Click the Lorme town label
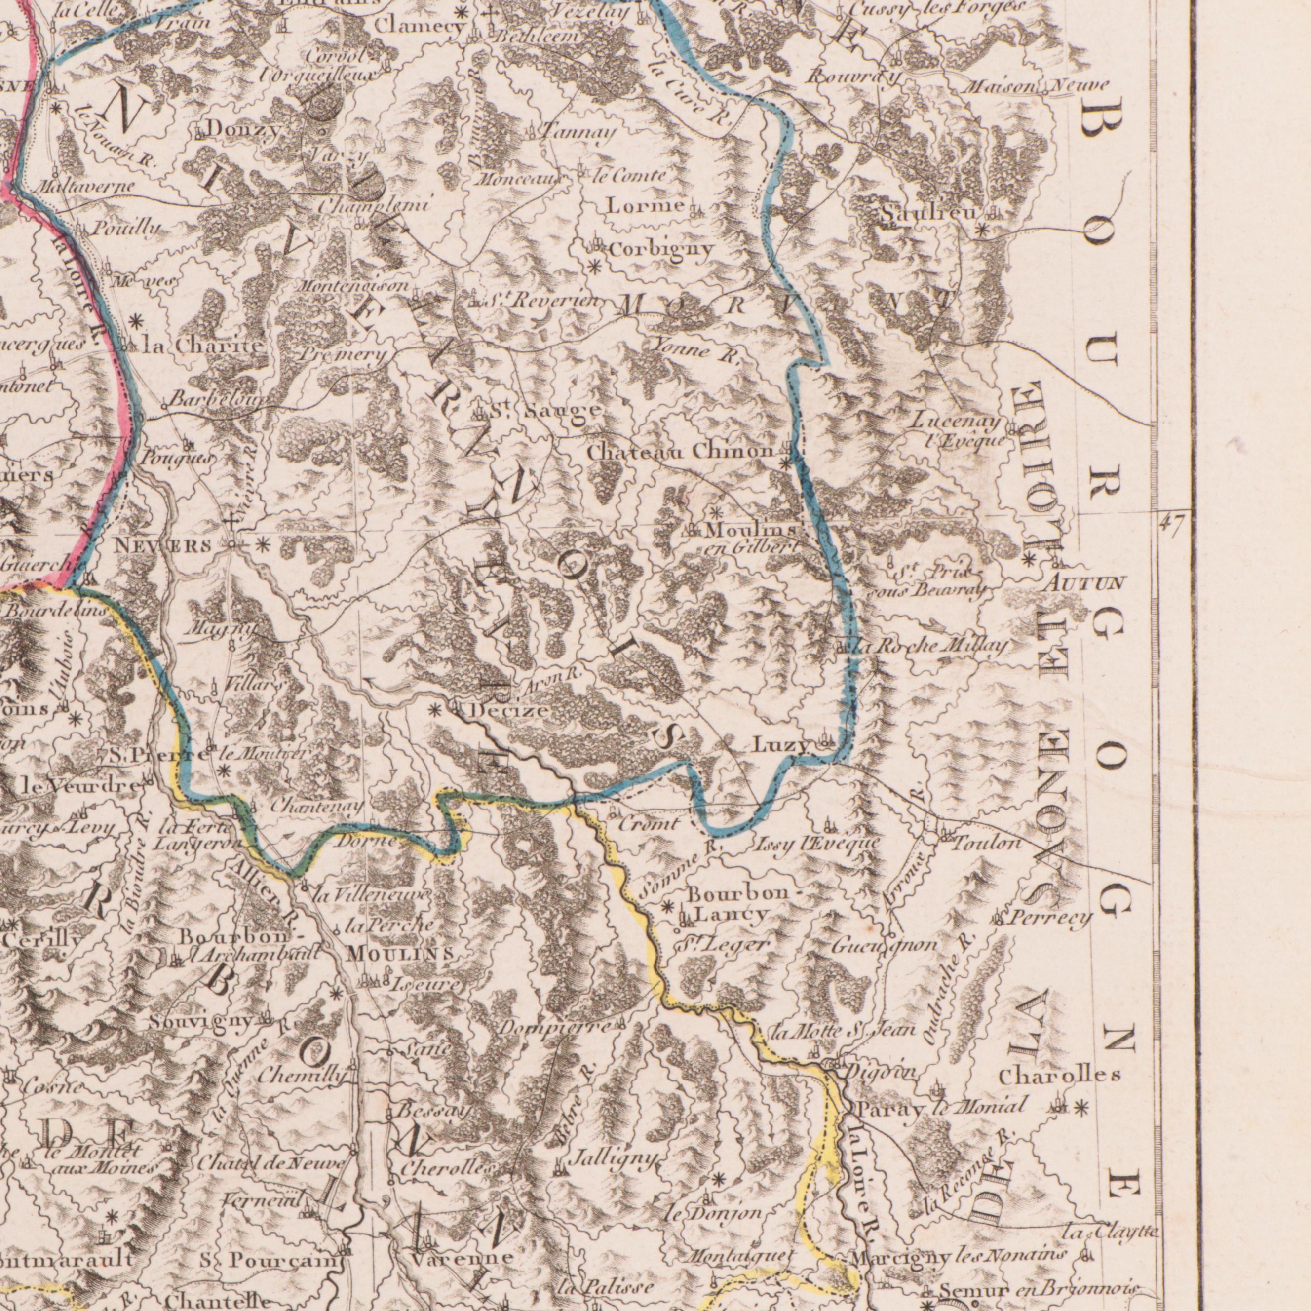coord(644,206)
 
